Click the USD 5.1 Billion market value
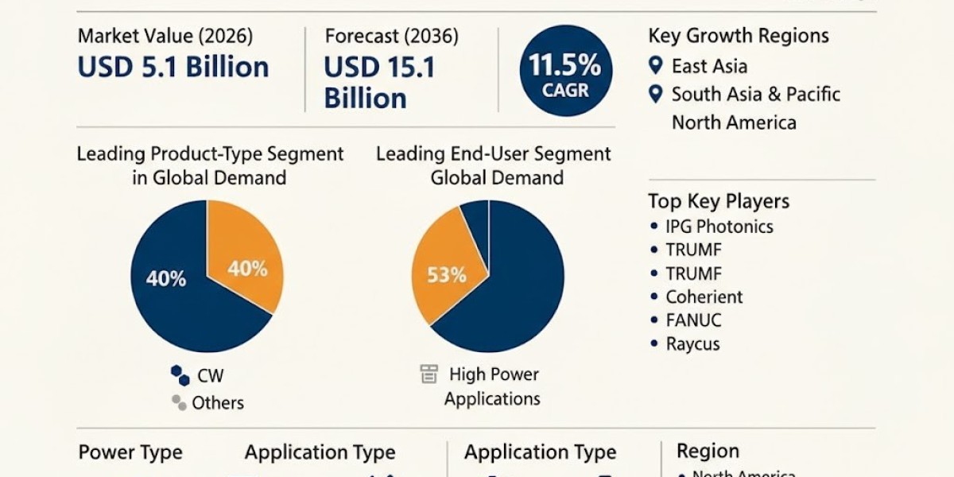[173, 67]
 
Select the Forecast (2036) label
[391, 36]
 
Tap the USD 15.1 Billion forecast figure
[379, 83]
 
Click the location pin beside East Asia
[655, 66]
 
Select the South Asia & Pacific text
[755, 95]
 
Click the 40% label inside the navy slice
[166, 279]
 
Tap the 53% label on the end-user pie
[446, 276]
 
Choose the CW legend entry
[210, 376]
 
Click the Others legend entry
[217, 403]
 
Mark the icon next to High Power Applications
[429, 374]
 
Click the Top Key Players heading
[719, 200]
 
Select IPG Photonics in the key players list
[719, 227]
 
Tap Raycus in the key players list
[693, 345]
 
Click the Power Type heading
[130, 453]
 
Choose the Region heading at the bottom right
[708, 452]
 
